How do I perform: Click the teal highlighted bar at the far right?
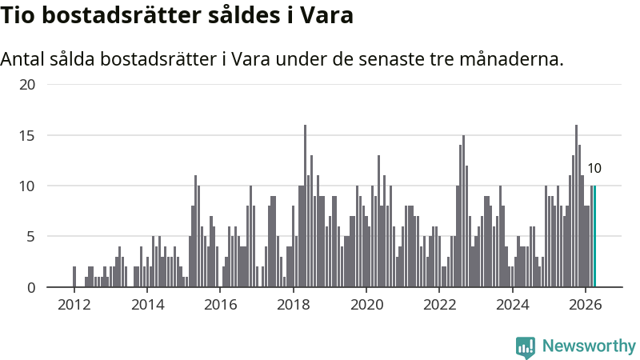coord(594,236)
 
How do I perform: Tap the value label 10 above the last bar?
coord(594,168)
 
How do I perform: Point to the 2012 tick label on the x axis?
coord(74,305)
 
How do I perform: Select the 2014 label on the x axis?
coord(147,305)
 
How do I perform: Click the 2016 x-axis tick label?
coord(221,305)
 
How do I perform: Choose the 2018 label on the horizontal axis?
coord(294,305)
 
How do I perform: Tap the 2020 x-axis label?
coord(366,305)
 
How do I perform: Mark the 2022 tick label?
coord(439,305)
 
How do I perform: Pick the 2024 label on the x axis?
coord(513,305)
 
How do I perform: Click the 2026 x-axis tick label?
coord(586,305)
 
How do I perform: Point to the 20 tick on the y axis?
coord(27,85)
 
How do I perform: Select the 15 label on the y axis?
coord(27,135)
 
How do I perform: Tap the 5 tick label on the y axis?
coord(31,237)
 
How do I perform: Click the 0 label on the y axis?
coord(31,287)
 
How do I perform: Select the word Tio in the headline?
coord(17,15)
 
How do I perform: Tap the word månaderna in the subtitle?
coord(511,59)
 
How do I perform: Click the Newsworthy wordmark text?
coord(589,346)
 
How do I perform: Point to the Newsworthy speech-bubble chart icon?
coord(526,347)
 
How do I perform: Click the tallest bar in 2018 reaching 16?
coord(305,206)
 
